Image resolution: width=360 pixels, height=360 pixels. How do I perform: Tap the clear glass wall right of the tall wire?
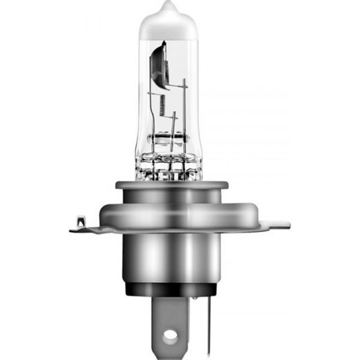(x=193, y=90)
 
